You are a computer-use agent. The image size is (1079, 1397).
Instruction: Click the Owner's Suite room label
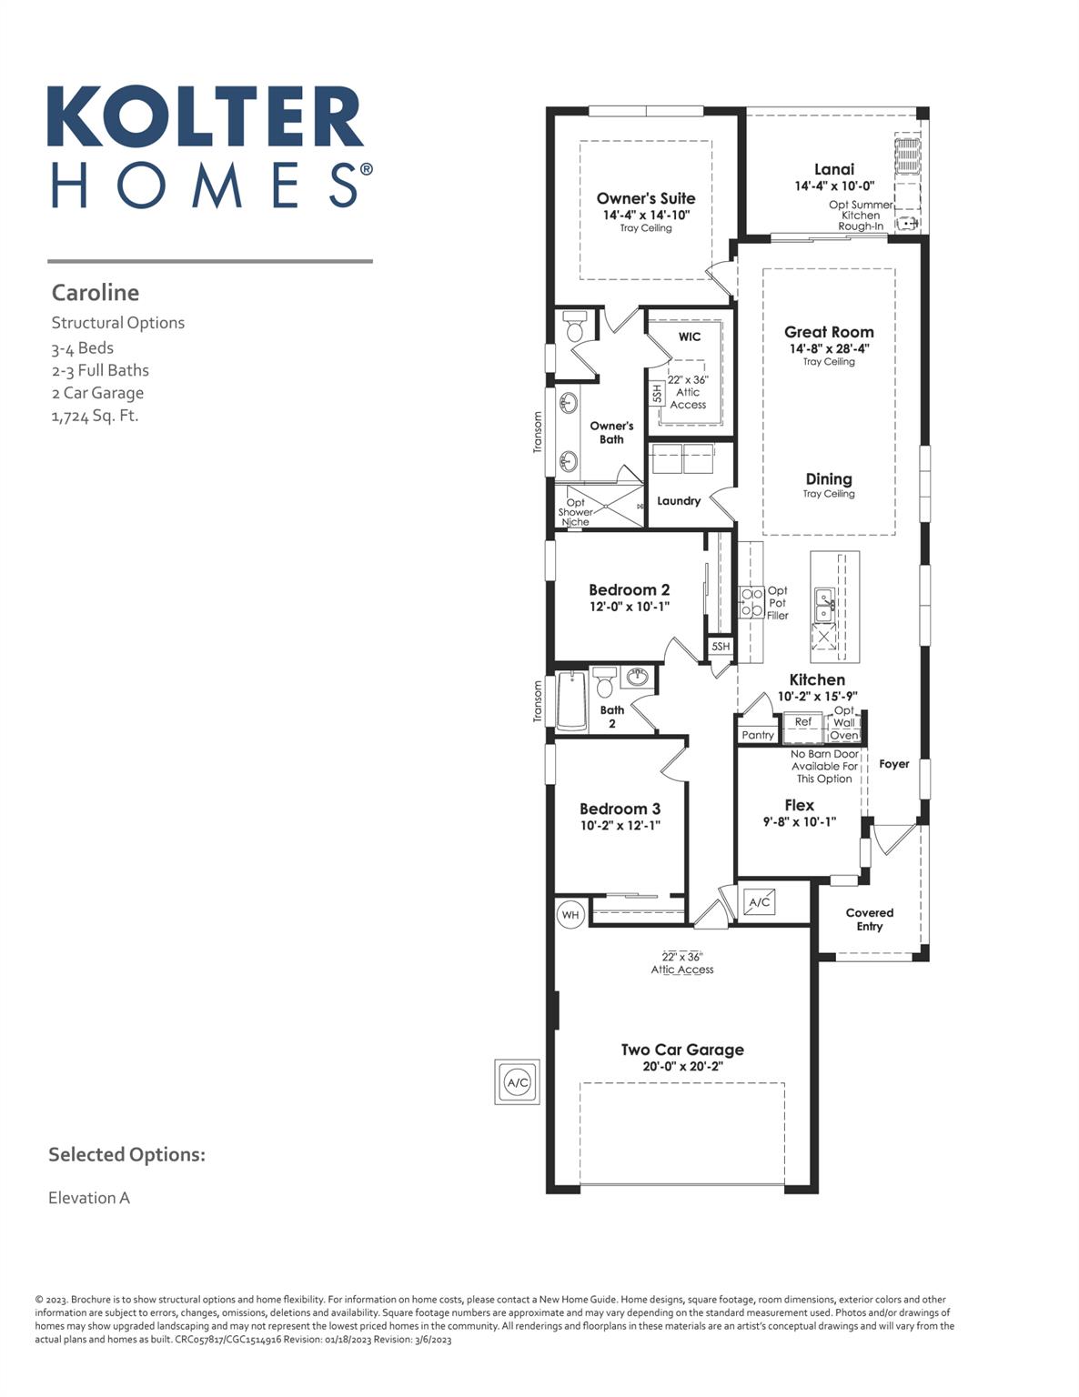click(646, 198)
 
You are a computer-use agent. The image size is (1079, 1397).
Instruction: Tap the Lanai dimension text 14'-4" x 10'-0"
click(834, 186)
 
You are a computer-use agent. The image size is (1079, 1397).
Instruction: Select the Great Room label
click(829, 332)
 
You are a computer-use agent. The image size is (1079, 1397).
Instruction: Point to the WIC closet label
click(690, 337)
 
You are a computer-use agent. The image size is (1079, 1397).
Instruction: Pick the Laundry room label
click(679, 500)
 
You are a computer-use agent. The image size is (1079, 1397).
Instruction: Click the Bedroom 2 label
click(629, 589)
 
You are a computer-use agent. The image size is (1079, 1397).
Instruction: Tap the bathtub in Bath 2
click(571, 700)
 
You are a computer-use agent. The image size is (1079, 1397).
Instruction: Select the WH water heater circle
click(570, 914)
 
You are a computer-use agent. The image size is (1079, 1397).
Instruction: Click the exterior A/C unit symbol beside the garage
click(517, 1082)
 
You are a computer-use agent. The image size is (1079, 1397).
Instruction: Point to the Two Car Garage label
click(682, 1050)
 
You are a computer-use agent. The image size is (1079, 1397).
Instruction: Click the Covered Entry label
click(869, 919)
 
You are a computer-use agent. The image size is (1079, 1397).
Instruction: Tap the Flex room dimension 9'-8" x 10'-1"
click(799, 821)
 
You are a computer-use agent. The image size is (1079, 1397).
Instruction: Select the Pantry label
click(758, 735)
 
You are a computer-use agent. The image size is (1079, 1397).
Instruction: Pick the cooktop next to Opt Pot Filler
click(751, 602)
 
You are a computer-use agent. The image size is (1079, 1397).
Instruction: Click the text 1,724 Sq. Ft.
click(95, 416)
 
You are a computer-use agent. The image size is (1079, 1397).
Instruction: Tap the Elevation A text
click(89, 1198)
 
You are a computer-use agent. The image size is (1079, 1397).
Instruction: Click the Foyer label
click(893, 764)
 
